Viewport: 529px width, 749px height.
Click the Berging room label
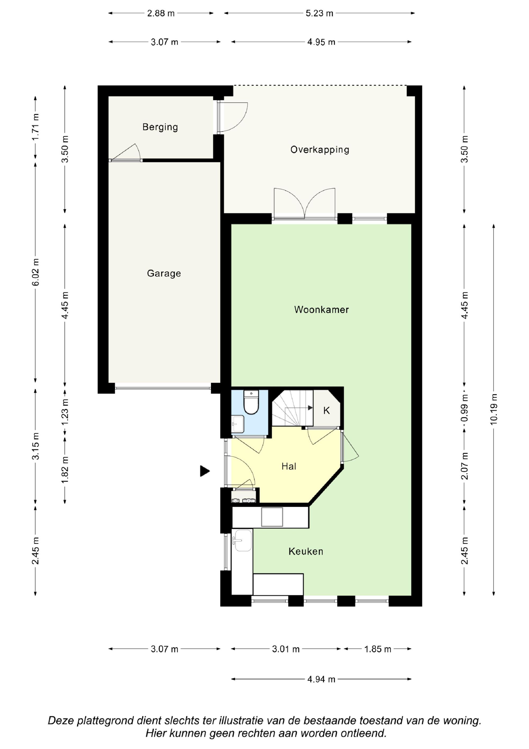pos(160,127)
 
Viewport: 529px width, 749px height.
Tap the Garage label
pos(164,273)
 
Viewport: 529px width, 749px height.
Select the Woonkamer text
pos(321,310)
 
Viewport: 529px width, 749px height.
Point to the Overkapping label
pos(320,150)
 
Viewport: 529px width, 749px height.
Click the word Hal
pos(289,467)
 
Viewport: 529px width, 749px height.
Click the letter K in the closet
pos(327,411)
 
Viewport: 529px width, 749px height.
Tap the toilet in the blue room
pos(251,402)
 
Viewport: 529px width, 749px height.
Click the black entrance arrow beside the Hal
pos(205,471)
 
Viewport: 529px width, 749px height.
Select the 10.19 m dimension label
pos(494,409)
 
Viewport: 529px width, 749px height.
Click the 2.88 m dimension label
pos(161,14)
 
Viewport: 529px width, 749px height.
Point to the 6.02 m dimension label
pos(35,272)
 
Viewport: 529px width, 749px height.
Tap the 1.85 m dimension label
pos(377,649)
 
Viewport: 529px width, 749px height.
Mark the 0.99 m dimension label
pos(465,408)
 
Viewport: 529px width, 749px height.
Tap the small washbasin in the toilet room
pos(238,424)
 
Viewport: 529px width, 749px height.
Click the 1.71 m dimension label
pos(35,127)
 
